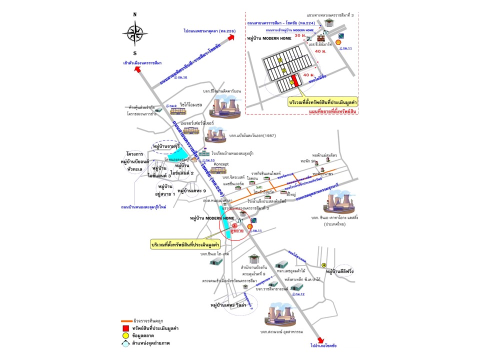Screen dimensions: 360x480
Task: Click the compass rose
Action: [x=134, y=33]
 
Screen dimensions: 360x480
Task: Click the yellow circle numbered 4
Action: [x=324, y=265]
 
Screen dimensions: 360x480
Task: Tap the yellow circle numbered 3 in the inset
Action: [x=280, y=60]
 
